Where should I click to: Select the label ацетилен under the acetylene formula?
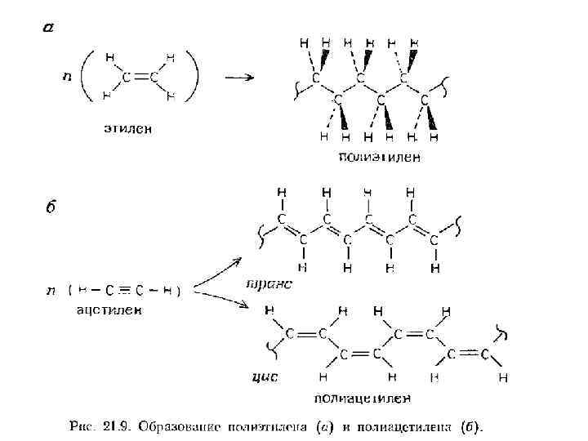point(109,310)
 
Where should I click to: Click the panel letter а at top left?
point(48,27)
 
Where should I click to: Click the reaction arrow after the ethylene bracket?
point(238,78)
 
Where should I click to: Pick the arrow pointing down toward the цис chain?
point(220,299)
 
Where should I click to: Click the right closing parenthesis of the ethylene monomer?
point(194,76)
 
